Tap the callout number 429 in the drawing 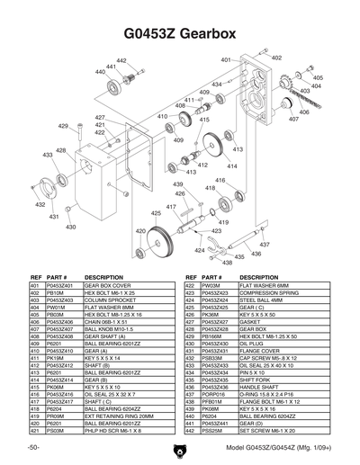64,127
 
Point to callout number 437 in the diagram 264,244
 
